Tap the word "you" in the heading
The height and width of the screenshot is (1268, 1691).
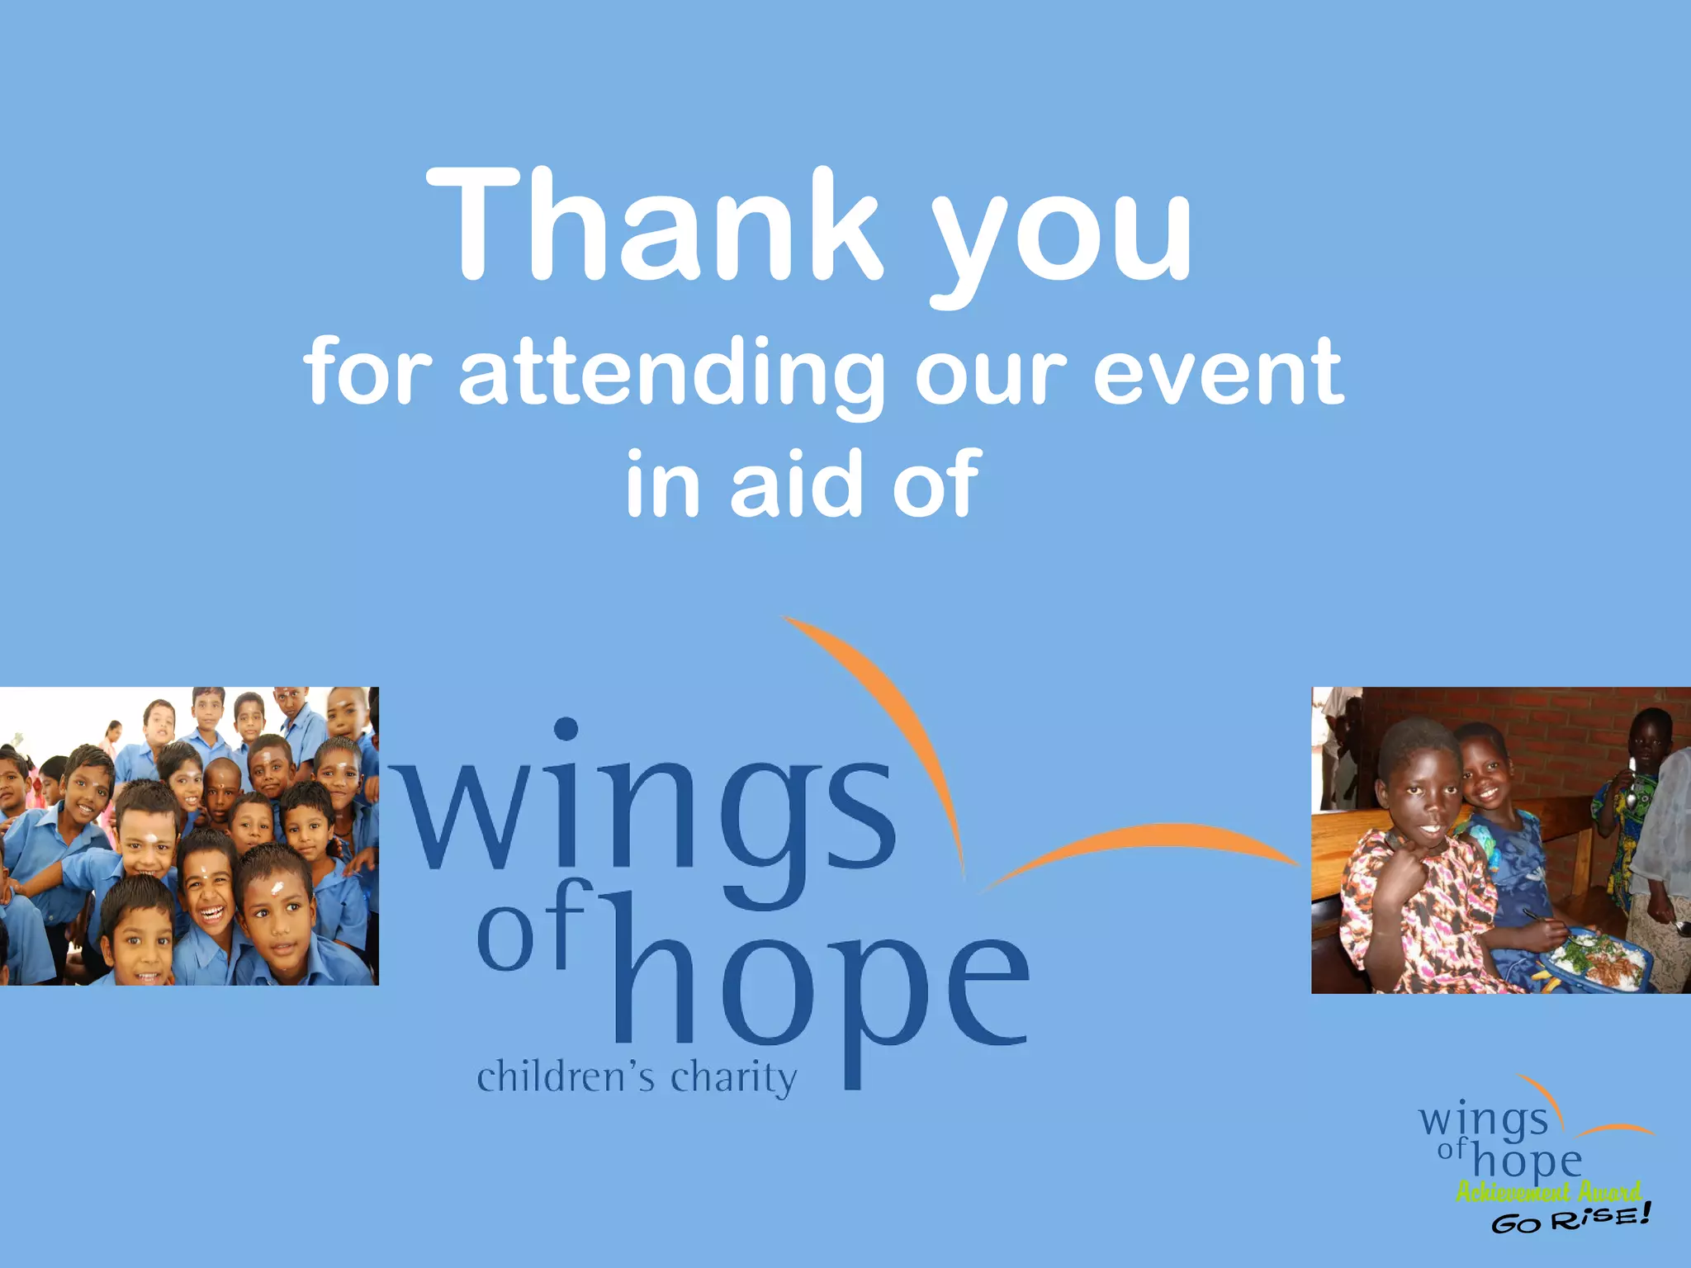coord(1062,239)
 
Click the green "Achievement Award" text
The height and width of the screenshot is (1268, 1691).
coord(1548,1191)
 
